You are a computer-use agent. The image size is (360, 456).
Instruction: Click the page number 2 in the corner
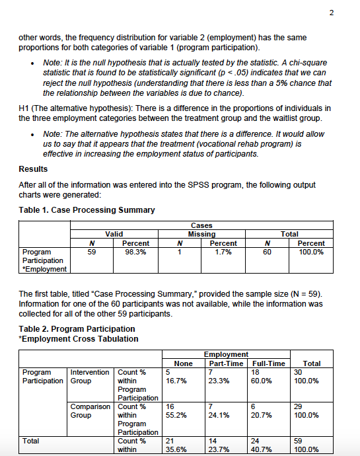349,13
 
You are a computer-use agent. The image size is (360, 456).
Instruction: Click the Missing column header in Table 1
202,234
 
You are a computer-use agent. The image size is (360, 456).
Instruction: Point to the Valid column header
115,234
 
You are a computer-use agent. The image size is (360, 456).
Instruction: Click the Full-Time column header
269,363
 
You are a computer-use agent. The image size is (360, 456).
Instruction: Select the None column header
183,363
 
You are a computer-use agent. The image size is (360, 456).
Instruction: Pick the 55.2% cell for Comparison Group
174,415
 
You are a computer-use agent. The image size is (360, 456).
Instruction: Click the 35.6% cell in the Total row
174,449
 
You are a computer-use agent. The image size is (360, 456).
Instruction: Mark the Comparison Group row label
90,410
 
